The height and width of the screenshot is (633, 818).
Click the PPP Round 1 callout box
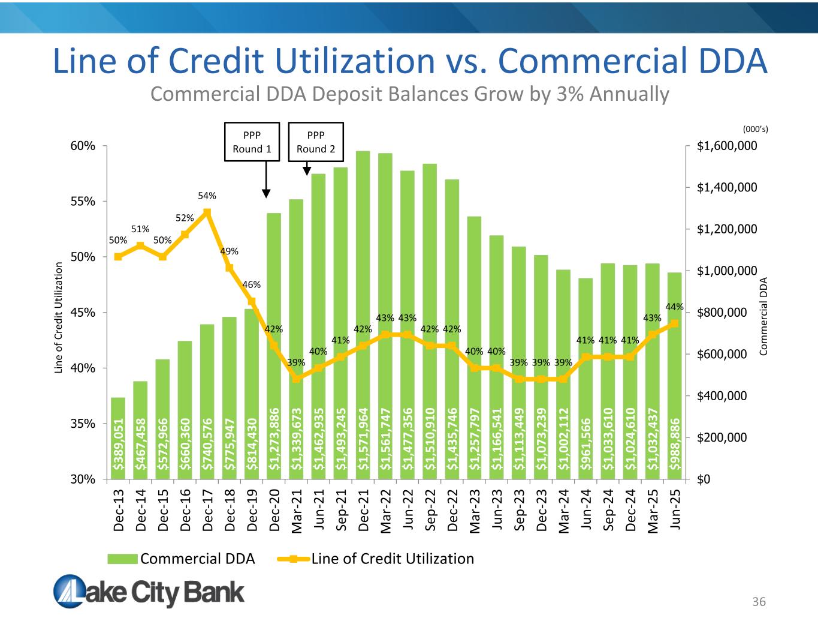[x=252, y=142]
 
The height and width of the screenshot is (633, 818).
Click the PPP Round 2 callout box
[x=316, y=142]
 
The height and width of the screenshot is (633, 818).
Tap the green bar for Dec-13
[x=118, y=438]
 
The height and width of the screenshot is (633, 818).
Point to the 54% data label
[x=207, y=196]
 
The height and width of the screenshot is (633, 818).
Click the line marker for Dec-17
[x=207, y=212]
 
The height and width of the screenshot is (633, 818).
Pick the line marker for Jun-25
[x=674, y=323]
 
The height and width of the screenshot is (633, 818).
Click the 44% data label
[x=675, y=307]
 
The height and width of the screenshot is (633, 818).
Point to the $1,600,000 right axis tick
[x=727, y=146]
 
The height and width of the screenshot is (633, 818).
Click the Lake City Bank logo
[x=149, y=592]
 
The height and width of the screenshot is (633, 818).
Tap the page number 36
[x=759, y=602]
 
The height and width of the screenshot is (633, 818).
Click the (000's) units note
[x=755, y=129]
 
